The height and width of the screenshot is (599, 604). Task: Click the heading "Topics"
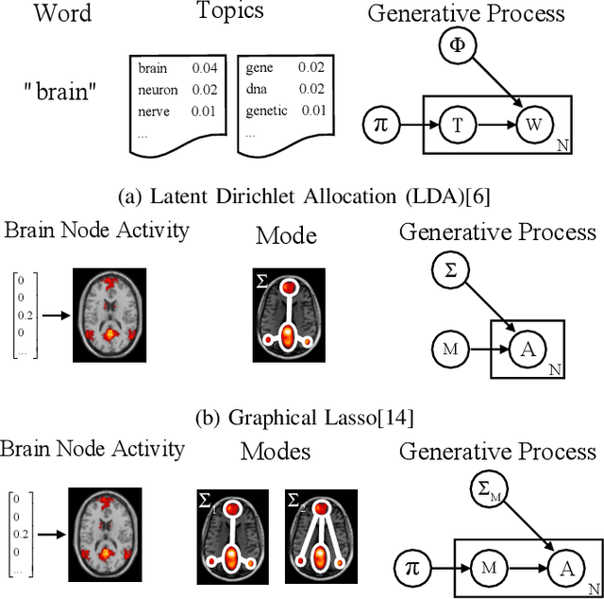tap(229, 13)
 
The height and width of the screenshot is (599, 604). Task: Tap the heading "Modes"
tap(275, 451)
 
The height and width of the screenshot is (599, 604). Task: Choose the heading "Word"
tap(61, 14)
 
